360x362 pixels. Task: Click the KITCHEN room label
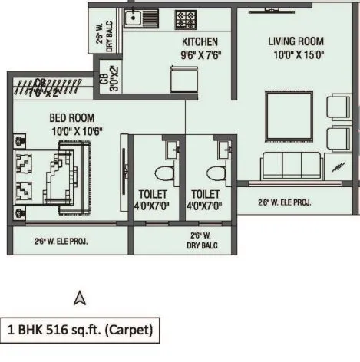pos(199,41)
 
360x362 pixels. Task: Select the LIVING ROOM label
pos(296,41)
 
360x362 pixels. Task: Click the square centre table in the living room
pos(289,117)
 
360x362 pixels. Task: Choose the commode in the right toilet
pos(216,171)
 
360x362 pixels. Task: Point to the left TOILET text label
pos(152,194)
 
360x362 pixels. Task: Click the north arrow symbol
pos(79,298)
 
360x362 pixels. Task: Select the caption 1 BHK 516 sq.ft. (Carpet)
pos(81,331)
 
